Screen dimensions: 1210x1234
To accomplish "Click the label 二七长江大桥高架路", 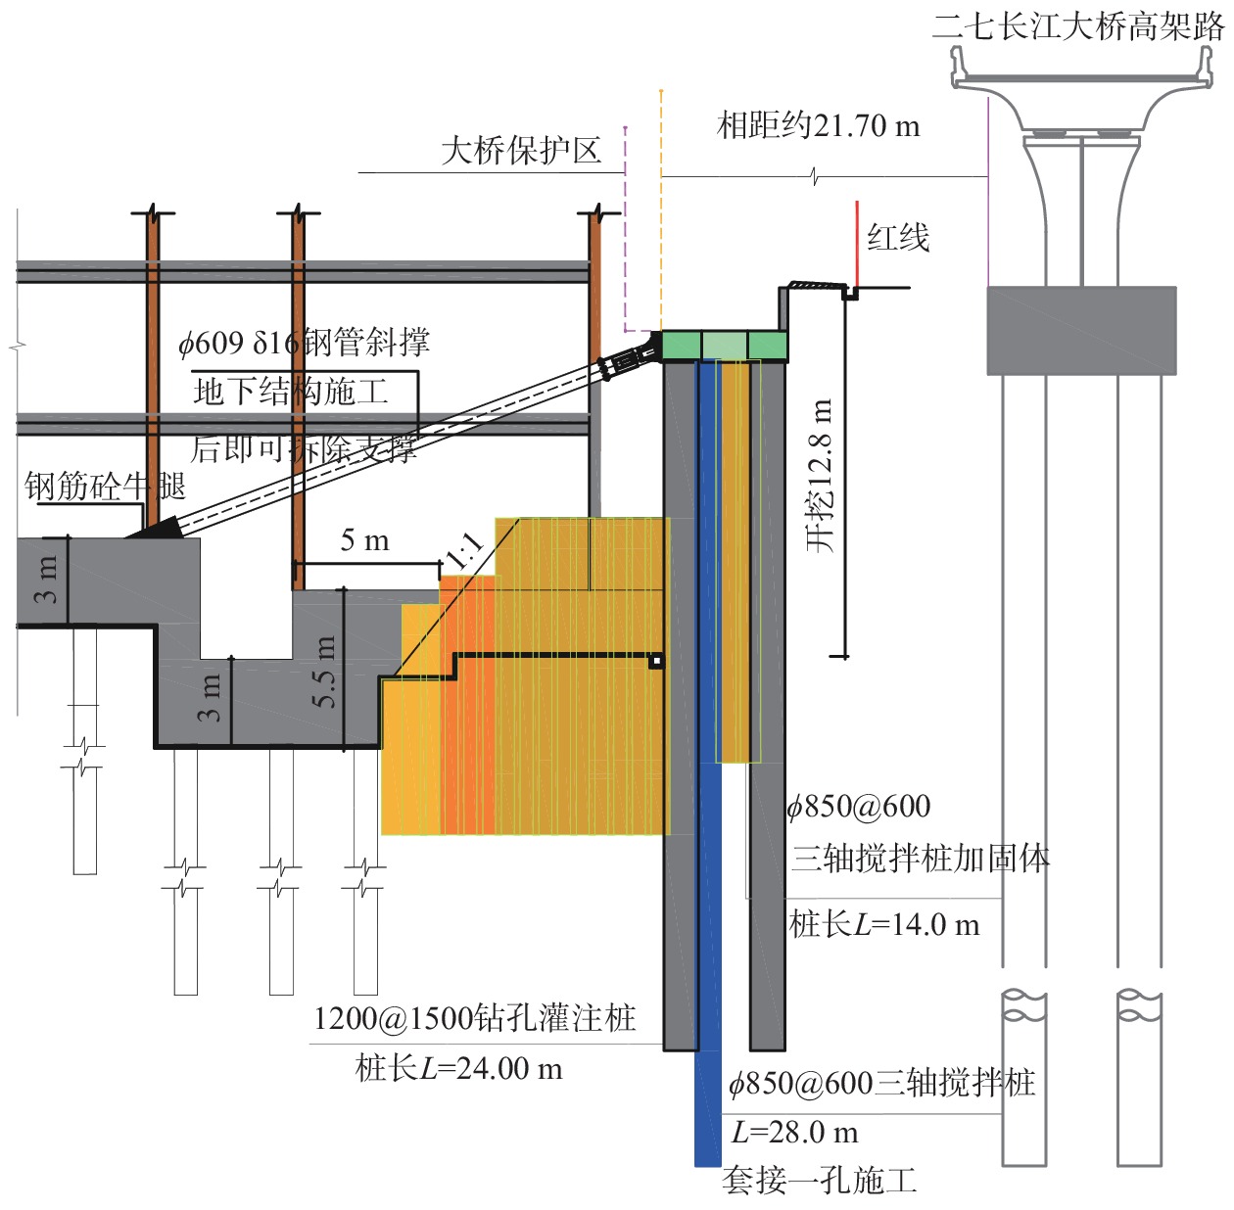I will click(x=1078, y=26).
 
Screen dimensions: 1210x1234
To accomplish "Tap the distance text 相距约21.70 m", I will click(x=819, y=126).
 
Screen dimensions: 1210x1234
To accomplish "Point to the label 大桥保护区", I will click(x=520, y=151).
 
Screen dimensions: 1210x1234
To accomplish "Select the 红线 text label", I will click(x=898, y=238).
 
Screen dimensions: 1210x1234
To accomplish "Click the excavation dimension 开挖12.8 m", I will click(x=820, y=476).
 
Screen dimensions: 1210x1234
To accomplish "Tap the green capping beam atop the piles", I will click(x=725, y=346).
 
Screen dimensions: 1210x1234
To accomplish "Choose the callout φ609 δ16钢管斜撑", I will click(x=304, y=343).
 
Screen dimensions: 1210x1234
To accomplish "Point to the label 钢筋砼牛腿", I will click(x=105, y=486).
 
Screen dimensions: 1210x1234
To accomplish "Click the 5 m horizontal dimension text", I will click(x=364, y=540).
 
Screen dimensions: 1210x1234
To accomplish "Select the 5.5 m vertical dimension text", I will click(x=324, y=672).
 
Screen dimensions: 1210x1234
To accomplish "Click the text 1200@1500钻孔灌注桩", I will click(x=475, y=1019).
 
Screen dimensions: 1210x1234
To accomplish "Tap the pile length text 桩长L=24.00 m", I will click(x=458, y=1068).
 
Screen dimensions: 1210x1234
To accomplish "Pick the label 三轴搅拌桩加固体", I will click(x=920, y=859).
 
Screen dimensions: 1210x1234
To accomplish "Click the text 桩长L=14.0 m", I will click(x=884, y=924).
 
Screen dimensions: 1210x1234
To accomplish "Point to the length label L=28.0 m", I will click(x=794, y=1133).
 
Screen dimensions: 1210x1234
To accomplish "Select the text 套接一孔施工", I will click(x=820, y=1181).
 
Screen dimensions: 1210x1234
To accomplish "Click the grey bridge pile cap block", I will click(x=1081, y=330).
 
